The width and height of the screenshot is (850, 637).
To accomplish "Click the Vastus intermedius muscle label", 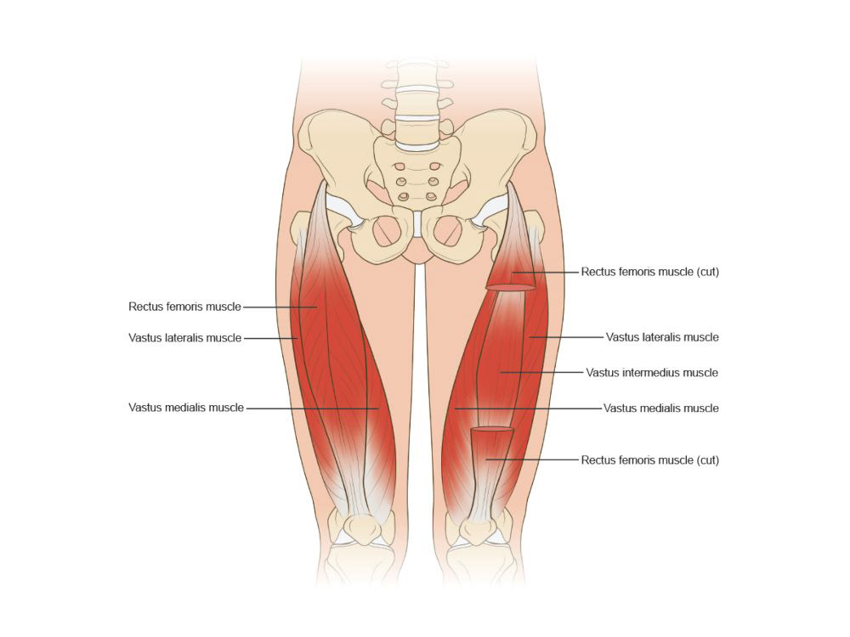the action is [652, 373].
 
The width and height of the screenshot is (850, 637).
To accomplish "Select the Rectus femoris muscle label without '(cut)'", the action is [184, 307].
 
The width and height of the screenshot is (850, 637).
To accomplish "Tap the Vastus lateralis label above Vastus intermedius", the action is [662, 337].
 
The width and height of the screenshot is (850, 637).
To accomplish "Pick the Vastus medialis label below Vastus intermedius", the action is [661, 409].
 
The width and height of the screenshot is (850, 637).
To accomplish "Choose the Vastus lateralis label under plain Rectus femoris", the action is [185, 338].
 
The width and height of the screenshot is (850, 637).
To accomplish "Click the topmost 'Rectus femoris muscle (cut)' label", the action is [650, 273].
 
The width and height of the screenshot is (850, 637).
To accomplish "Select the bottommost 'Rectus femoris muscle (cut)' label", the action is [650, 460].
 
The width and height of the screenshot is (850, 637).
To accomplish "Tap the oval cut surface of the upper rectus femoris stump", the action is [511, 288].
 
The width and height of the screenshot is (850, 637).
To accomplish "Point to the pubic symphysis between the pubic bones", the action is [419, 225].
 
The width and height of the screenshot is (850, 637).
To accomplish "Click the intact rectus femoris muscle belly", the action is [323, 323].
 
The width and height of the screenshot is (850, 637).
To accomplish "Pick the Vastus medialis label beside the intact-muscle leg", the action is [185, 408].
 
